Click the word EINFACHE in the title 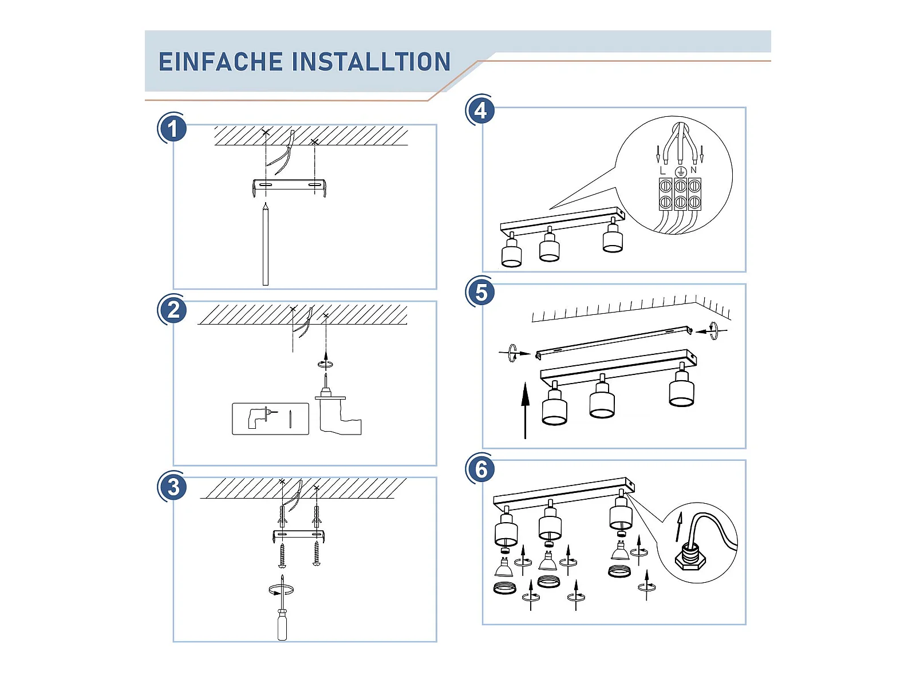pos(221,62)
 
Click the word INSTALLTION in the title pos(371,62)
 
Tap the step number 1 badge pos(172,128)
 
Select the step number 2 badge pos(172,310)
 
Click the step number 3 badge pos(172,487)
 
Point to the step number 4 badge pos(481,111)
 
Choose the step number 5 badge pos(481,293)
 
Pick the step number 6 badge pos(481,469)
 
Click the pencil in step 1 pos(266,244)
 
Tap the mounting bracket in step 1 pos(289,187)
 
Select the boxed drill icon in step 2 pos(270,419)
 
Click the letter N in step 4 pos(693,170)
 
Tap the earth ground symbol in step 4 pos(681,172)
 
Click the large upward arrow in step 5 pos(526,410)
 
